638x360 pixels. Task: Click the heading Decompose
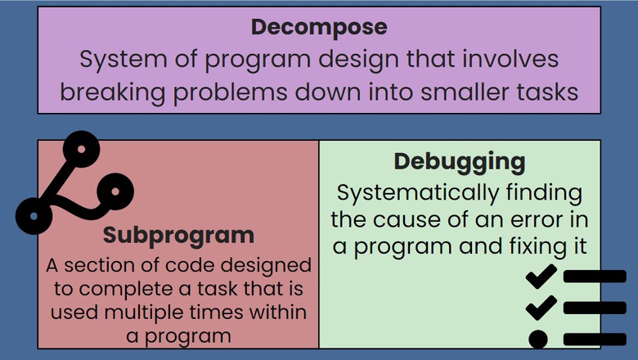click(319, 27)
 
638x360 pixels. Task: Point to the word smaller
click(461, 92)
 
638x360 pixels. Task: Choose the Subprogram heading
click(178, 236)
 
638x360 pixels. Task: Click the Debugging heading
click(459, 161)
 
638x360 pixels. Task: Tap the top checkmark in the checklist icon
click(541, 276)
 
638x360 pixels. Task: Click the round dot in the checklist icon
click(538, 339)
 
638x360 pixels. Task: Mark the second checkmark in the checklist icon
click(541, 307)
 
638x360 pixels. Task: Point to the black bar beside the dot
click(595, 339)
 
